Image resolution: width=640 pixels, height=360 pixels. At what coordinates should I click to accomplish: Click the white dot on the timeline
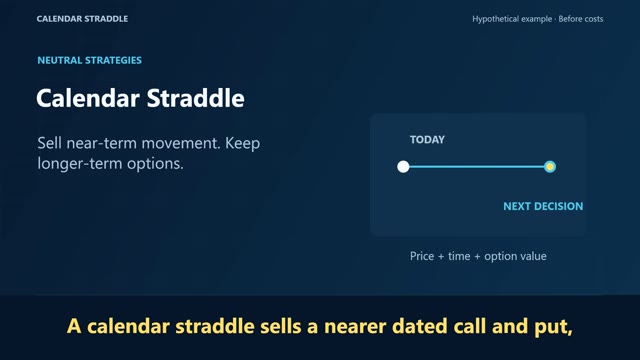coord(403,167)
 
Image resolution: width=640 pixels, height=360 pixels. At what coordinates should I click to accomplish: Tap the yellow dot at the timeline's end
coord(550,167)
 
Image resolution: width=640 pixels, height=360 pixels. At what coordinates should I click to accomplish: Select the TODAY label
coord(427,140)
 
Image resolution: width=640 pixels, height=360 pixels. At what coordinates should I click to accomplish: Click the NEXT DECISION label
coord(543,206)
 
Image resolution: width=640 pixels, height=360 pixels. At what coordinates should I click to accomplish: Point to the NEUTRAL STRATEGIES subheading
coord(89,60)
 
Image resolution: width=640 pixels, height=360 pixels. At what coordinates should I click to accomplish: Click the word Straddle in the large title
coord(195,98)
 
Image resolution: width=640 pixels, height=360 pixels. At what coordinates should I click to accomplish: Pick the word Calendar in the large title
coord(88,98)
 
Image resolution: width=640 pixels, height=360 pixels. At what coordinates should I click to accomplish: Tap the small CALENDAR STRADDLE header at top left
coord(82,19)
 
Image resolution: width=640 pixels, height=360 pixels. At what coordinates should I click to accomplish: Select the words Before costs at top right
coord(580,19)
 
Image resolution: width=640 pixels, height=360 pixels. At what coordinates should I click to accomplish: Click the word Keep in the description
coord(242,144)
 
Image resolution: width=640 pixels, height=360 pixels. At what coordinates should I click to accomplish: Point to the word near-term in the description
coord(102,143)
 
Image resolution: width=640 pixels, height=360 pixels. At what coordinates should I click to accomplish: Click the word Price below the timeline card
coord(422,256)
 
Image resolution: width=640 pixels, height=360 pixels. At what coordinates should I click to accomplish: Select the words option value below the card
coord(515,256)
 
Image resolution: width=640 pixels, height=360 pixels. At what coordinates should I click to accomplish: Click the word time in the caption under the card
coord(459,256)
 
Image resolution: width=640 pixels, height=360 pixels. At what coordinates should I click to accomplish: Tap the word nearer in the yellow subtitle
coord(355,327)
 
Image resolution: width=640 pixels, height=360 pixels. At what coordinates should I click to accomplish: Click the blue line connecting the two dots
coord(477,167)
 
